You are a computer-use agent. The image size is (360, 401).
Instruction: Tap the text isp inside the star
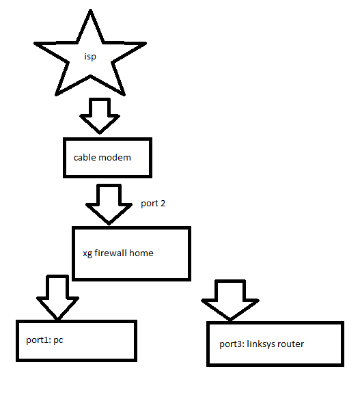(90, 57)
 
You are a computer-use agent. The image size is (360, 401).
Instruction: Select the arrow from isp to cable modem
(100, 116)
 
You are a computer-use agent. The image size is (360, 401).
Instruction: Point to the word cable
(85, 157)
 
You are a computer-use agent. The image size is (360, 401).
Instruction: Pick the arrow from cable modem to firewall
(109, 204)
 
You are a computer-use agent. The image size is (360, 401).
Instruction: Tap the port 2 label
(153, 204)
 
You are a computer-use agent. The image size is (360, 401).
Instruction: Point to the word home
(141, 253)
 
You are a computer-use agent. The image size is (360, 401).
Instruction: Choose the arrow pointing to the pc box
(58, 298)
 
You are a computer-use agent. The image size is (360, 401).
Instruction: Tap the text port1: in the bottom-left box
(38, 340)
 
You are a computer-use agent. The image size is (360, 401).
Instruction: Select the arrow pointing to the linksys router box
(230, 301)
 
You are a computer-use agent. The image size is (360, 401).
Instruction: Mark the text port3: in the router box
(232, 344)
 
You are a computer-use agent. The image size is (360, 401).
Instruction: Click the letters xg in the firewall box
(87, 253)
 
